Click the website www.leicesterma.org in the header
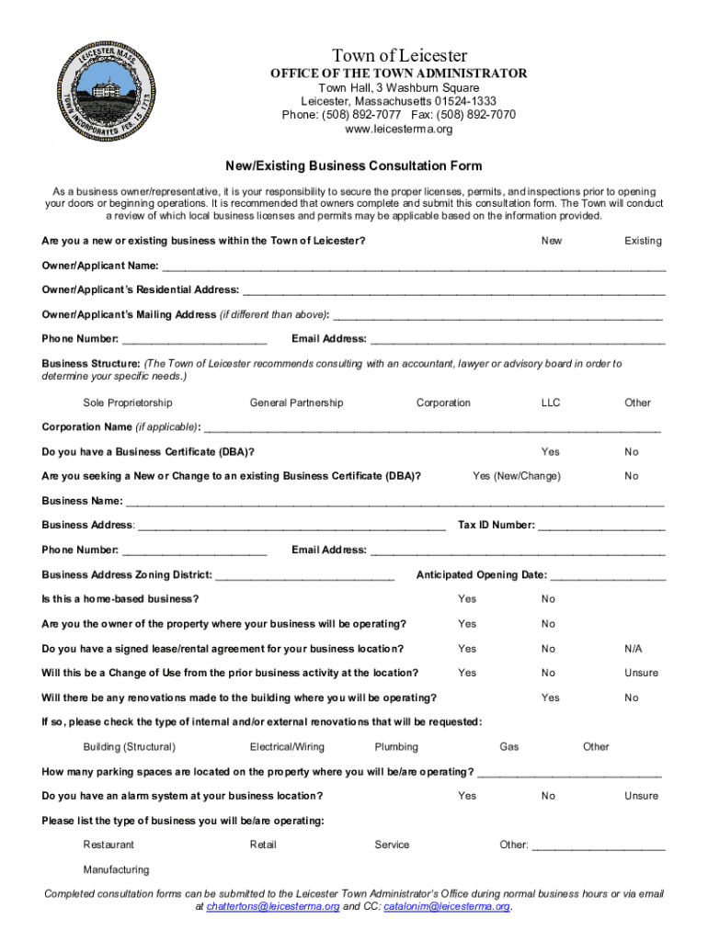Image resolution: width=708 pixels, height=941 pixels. (399, 130)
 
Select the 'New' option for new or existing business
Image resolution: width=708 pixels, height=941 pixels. (552, 241)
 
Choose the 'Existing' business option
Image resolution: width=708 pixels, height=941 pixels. (643, 241)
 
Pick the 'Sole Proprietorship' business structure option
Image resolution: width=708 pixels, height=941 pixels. (128, 402)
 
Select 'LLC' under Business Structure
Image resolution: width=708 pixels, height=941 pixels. (551, 402)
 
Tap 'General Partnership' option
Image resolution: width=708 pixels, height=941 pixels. (296, 402)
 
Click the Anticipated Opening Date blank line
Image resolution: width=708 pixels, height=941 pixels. (608, 576)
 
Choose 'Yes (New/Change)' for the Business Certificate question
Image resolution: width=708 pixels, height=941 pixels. (516, 476)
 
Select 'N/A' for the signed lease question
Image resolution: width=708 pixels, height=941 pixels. (634, 649)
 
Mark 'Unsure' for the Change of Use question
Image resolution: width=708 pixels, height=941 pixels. (641, 673)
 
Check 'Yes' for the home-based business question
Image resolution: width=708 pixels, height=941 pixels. (467, 599)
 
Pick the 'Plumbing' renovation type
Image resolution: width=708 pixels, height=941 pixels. (396, 747)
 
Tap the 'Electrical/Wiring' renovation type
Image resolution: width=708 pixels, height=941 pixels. (287, 747)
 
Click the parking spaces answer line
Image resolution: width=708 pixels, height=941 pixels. (569, 772)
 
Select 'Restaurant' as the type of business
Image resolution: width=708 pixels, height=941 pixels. (108, 845)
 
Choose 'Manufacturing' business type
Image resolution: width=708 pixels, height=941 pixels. (116, 869)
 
